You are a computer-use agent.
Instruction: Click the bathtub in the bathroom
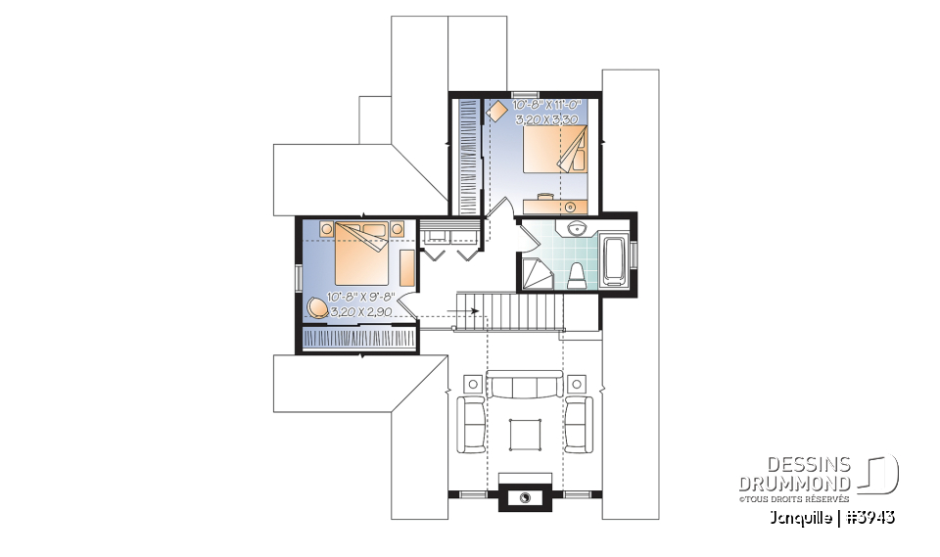[x=615, y=260]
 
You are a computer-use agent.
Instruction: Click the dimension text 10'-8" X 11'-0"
[x=547, y=104]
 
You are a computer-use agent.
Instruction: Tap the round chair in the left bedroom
[x=317, y=307]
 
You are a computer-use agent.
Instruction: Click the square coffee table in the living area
[x=526, y=432]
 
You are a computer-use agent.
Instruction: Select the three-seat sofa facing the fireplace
[x=526, y=386]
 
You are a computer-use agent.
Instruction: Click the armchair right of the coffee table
[x=578, y=423]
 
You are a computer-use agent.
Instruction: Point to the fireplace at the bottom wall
[x=526, y=497]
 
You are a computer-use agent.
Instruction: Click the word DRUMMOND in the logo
[x=794, y=484]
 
